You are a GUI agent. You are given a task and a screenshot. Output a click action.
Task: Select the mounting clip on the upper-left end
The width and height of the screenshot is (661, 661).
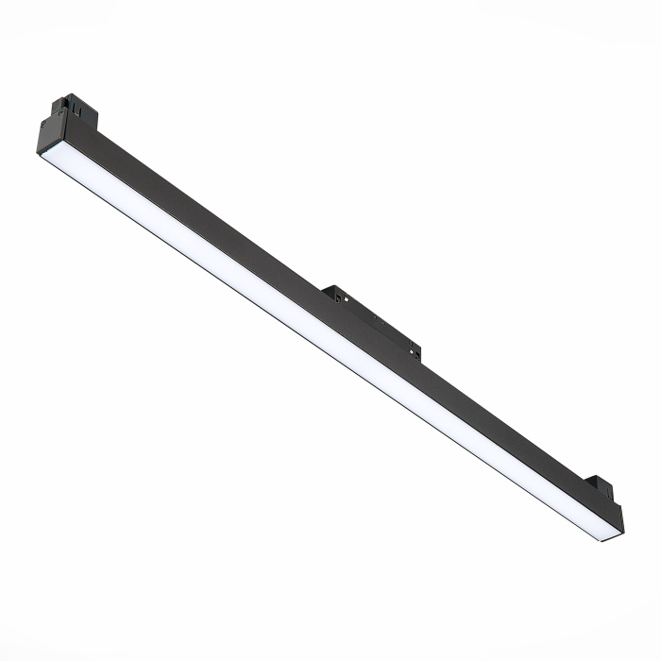pos(76,110)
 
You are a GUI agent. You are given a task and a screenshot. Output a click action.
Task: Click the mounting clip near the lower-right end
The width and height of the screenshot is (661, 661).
pos(600,491)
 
